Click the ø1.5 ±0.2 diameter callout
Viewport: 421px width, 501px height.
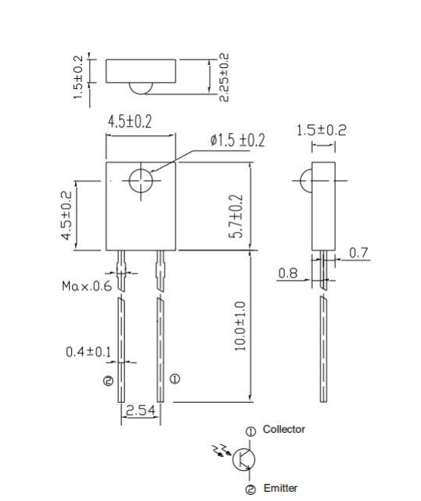237,141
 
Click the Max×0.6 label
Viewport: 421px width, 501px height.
87,286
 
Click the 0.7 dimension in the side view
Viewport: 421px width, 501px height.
358,253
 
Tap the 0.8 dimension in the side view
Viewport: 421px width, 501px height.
288,272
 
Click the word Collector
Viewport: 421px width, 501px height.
284,429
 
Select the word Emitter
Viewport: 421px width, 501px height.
279,488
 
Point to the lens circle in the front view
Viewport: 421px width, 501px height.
141,181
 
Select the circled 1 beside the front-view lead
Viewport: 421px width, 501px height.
175,379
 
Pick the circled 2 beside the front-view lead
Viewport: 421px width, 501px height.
108,380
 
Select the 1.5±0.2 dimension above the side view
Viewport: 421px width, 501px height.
322,131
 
